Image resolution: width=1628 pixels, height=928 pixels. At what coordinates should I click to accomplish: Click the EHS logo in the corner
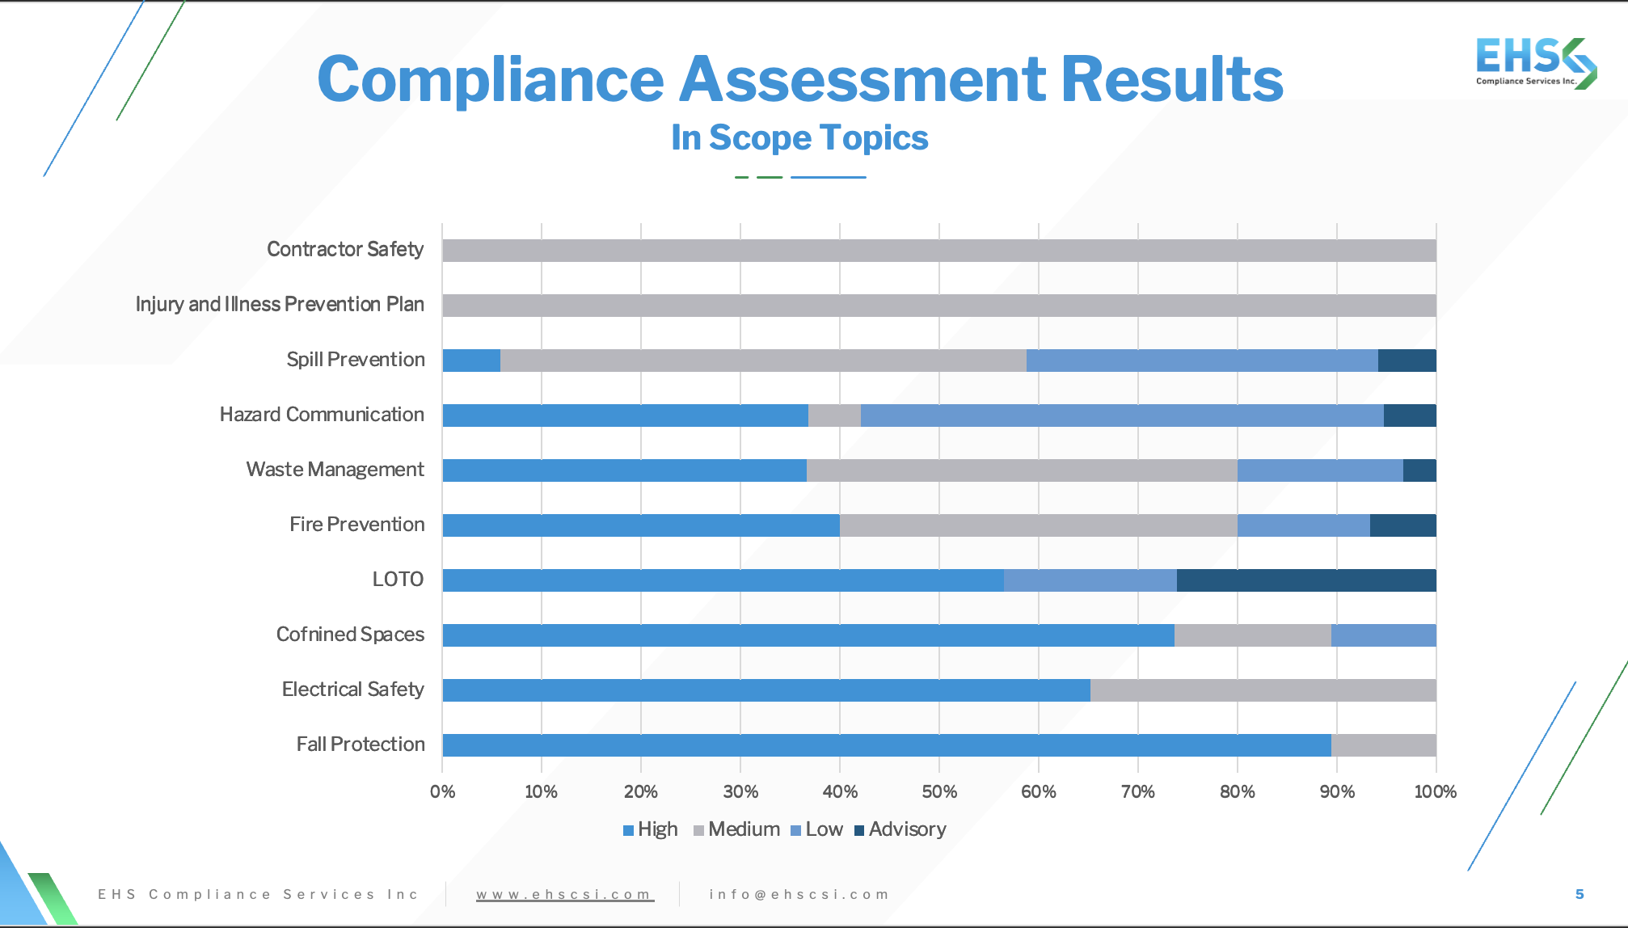(1535, 62)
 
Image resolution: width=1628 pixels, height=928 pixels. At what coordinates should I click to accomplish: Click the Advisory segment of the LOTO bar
(1305, 580)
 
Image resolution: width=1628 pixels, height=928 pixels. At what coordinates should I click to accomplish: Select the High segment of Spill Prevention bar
(471, 361)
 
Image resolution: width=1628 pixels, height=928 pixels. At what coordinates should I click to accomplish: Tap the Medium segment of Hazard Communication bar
(834, 415)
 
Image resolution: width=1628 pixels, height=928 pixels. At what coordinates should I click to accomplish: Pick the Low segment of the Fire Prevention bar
(1303, 525)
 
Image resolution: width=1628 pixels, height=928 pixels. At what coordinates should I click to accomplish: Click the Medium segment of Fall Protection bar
(1383, 745)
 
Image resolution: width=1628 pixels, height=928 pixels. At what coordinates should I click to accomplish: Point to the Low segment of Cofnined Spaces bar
(1383, 635)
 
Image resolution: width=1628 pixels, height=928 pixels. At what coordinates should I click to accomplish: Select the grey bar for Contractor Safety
(938, 251)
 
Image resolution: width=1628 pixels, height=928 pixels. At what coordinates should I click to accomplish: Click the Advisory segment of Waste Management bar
(1419, 470)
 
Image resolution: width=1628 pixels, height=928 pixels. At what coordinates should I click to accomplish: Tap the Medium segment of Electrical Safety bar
(1263, 690)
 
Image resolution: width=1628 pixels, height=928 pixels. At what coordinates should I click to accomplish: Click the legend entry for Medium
(736, 829)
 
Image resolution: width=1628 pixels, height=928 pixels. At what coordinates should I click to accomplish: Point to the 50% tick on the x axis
(939, 791)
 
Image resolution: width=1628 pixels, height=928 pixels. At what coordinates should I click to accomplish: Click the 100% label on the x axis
(1435, 791)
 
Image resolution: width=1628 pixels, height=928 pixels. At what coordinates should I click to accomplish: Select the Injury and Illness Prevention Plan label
(280, 305)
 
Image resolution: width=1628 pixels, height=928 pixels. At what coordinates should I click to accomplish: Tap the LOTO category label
(398, 580)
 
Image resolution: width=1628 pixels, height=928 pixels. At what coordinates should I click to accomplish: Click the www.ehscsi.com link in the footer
(564, 894)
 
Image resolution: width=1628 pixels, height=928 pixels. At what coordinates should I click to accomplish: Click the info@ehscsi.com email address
(799, 894)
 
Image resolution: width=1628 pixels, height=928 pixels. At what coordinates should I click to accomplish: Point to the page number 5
(1579, 894)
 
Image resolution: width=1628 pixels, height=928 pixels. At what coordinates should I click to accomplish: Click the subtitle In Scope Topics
(799, 138)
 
